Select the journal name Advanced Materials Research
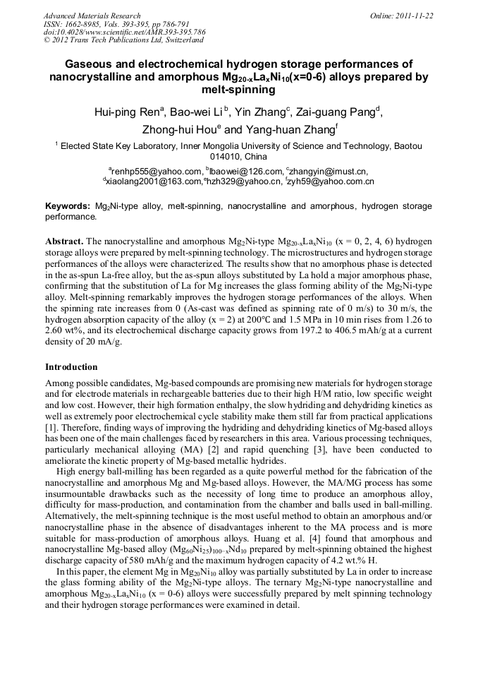[92, 16]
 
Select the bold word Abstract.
[65, 241]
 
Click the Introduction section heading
[71, 367]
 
